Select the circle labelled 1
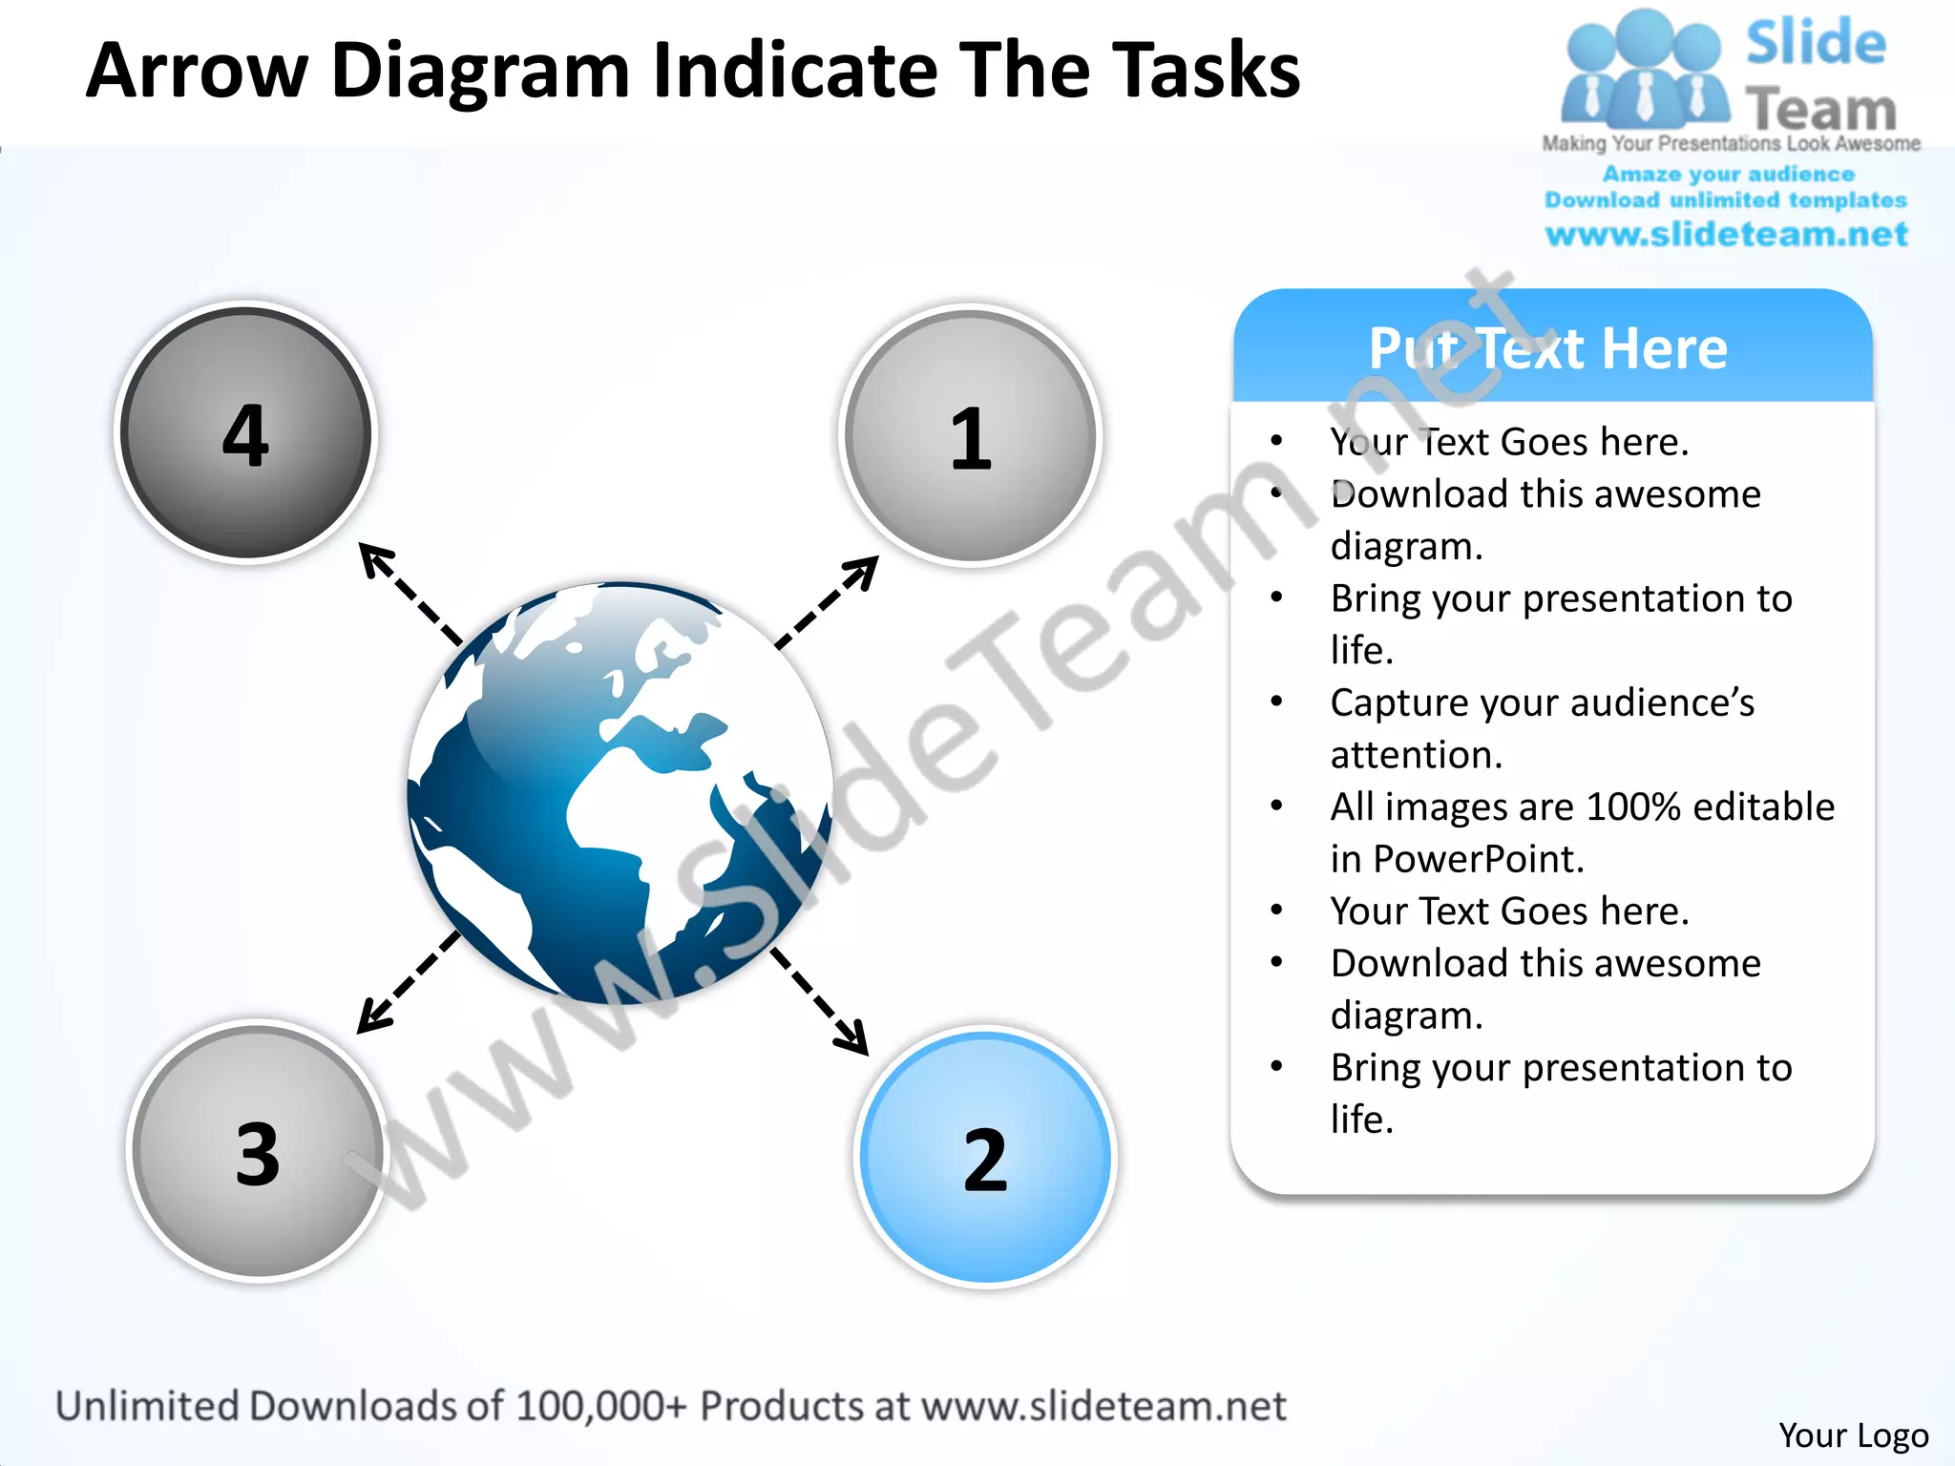[x=971, y=437]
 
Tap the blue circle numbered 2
[x=985, y=1158]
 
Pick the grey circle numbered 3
[x=257, y=1152]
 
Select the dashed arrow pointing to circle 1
[x=827, y=603]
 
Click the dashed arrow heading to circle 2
[x=820, y=1001]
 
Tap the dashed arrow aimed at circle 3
[x=409, y=982]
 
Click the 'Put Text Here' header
[x=1549, y=348]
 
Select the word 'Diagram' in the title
[x=480, y=71]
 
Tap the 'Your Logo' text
[x=1853, y=1435]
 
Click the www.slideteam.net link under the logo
[x=1726, y=234]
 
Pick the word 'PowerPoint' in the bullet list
[x=1478, y=859]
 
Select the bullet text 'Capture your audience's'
[x=1542, y=702]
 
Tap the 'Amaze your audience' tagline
[x=1728, y=174]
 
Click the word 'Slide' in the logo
[x=1816, y=43]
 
